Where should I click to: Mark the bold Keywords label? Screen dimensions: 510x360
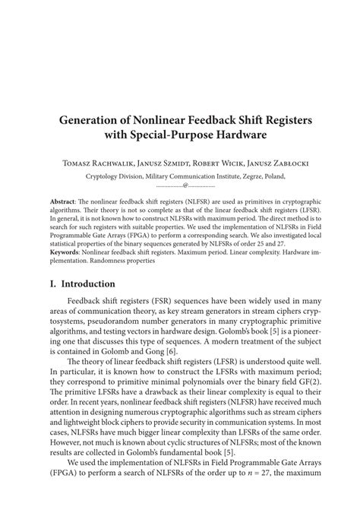pyautogui.click(x=63, y=252)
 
